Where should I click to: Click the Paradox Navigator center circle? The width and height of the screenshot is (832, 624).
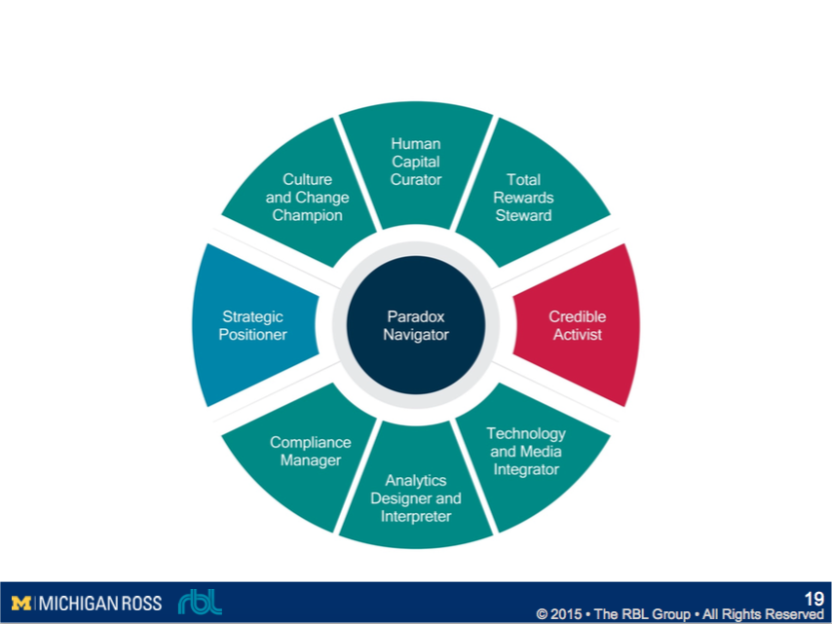pos(417,325)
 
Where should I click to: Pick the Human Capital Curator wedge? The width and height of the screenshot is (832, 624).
pos(416,162)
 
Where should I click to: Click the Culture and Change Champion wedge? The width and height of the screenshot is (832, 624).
pos(307,198)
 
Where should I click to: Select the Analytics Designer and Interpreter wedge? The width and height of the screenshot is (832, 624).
pos(416,497)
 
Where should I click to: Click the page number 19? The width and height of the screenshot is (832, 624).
pos(813,599)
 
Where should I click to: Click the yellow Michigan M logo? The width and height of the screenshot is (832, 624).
pos(21,604)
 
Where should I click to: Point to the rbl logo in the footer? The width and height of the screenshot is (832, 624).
pos(200,603)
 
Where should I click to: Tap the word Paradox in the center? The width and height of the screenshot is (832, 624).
pos(416,316)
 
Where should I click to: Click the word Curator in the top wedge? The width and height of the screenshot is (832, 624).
pos(416,179)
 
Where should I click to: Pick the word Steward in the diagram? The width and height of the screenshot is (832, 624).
pos(523,215)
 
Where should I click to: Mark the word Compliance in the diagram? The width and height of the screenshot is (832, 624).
pos(310,442)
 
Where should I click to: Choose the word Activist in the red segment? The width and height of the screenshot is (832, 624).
pos(577,335)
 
